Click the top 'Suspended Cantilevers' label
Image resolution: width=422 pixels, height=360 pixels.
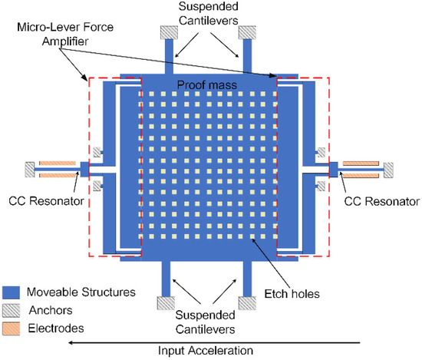[x=207, y=15]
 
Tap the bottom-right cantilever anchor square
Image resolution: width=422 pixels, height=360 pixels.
[x=248, y=302]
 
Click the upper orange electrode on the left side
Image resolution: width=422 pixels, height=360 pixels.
[x=56, y=163]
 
